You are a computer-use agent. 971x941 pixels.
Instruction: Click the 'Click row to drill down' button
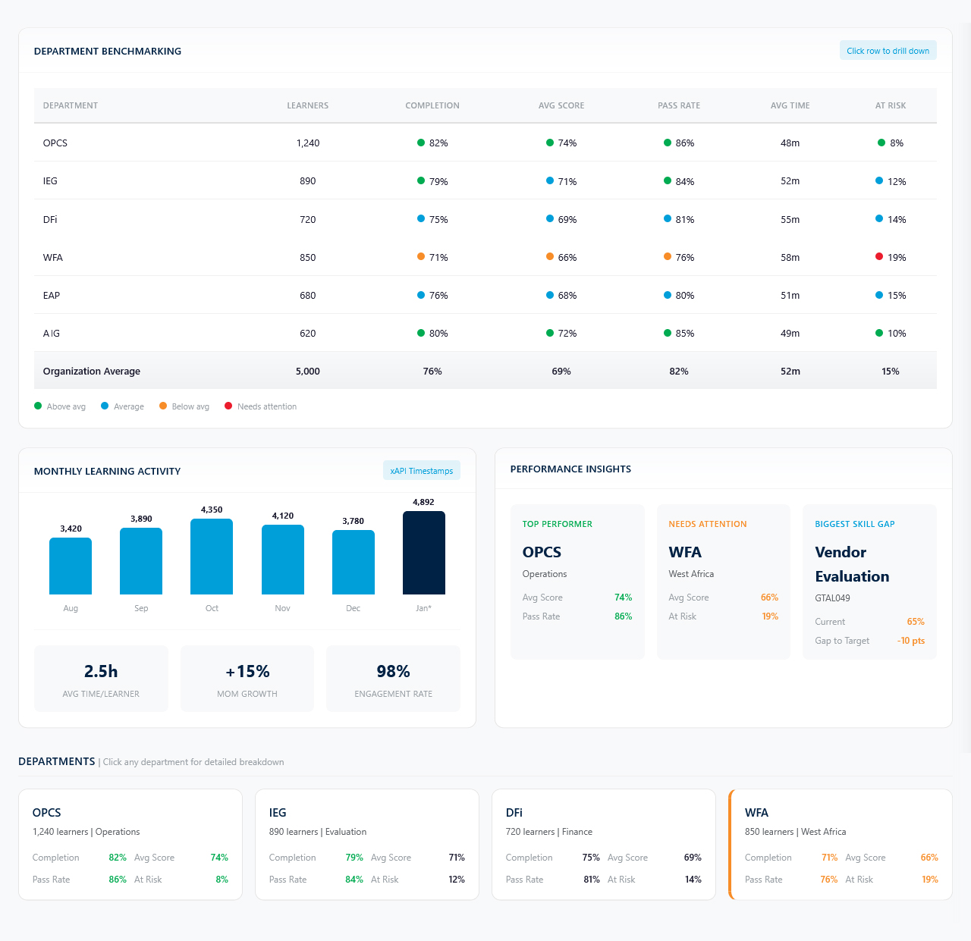click(888, 51)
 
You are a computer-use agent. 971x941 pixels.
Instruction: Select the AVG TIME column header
click(790, 105)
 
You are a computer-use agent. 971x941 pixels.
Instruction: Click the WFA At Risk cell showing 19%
click(897, 258)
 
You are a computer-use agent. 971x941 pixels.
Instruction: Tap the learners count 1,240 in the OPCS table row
click(308, 143)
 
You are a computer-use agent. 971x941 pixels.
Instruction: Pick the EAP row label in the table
click(52, 296)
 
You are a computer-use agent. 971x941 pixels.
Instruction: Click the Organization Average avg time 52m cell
click(790, 372)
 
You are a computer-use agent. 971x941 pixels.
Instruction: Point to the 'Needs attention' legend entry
click(266, 407)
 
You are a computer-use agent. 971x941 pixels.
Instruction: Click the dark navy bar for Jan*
click(423, 553)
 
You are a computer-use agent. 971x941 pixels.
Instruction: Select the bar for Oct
click(212, 557)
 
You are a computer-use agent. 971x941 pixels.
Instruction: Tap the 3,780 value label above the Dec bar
click(353, 521)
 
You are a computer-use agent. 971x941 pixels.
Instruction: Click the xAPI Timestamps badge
click(421, 471)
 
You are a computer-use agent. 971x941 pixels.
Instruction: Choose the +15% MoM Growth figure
click(247, 672)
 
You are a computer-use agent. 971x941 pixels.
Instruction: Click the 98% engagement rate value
click(393, 672)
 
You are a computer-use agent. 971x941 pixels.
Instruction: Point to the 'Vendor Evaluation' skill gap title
click(852, 564)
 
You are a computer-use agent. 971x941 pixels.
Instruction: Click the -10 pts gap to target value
click(910, 641)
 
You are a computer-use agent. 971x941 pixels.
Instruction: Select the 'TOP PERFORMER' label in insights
click(557, 524)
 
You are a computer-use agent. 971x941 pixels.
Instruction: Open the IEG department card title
click(278, 813)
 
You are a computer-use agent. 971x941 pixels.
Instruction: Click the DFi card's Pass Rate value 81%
click(591, 880)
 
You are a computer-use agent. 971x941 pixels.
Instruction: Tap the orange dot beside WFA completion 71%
click(421, 257)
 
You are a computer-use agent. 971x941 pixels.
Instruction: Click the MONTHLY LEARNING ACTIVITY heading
click(107, 471)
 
